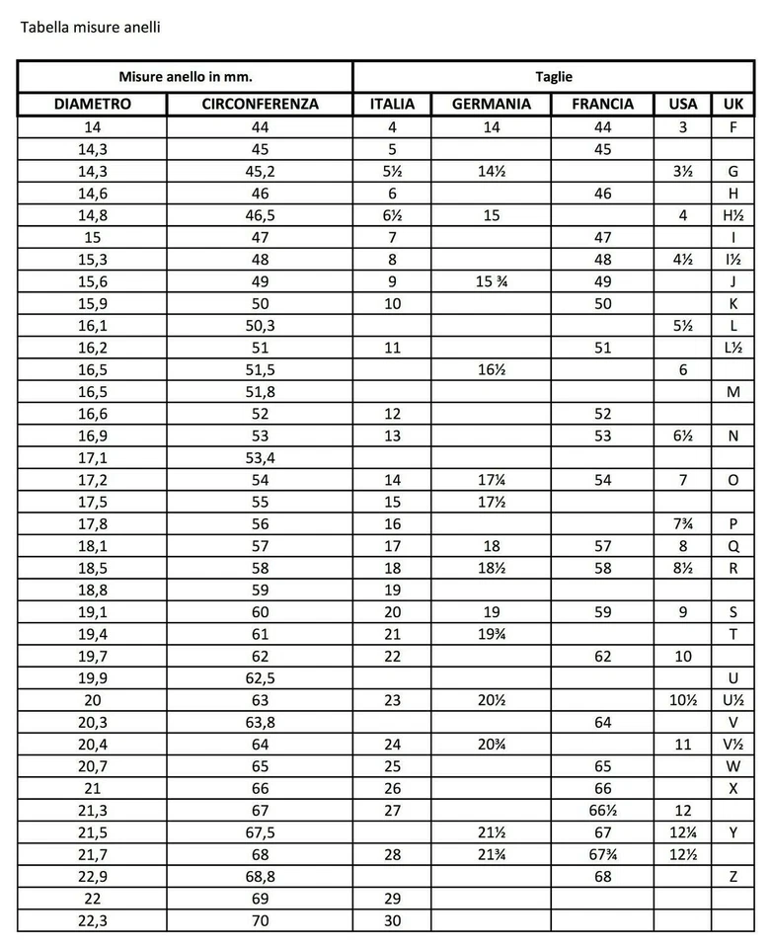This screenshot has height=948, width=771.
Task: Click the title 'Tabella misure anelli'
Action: [90, 27]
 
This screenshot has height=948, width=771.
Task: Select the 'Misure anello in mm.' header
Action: [185, 76]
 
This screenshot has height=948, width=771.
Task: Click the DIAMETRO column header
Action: [93, 104]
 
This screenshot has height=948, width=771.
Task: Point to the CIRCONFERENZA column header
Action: [260, 104]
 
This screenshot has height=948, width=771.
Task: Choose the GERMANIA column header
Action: [491, 104]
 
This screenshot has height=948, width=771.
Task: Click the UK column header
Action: [732, 104]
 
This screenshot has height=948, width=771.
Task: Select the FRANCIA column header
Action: [602, 104]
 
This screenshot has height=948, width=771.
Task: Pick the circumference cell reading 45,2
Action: [260, 171]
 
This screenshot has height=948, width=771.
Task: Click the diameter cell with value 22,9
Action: [93, 876]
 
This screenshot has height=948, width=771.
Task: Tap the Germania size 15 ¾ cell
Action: [491, 281]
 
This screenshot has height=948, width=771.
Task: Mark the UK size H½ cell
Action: [732, 215]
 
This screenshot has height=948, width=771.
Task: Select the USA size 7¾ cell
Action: [682, 523]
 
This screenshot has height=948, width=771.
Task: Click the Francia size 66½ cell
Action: [602, 810]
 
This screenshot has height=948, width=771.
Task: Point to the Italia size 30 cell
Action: [392, 920]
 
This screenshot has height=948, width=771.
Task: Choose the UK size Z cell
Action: [732, 876]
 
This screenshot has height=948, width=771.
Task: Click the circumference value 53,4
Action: [260, 457]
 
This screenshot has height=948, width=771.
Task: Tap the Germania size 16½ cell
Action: [491, 369]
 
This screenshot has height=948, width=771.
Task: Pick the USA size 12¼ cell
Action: [682, 832]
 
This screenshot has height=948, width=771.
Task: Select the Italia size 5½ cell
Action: [392, 171]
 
